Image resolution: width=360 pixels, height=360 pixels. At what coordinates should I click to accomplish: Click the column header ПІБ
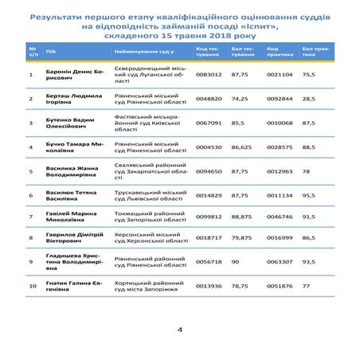click(x=51, y=50)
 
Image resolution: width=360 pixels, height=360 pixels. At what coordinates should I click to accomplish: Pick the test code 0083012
click(x=209, y=73)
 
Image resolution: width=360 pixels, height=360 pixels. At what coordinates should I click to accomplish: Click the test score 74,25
click(x=243, y=99)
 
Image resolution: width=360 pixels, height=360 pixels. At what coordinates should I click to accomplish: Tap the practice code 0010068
click(x=279, y=123)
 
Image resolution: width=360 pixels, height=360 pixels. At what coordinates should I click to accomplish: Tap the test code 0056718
click(x=209, y=260)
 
